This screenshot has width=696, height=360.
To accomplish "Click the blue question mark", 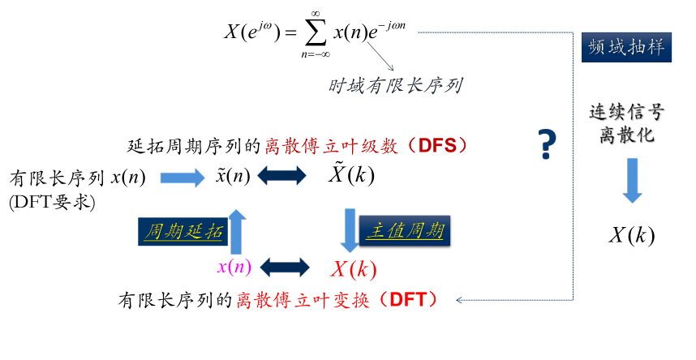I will (548, 144).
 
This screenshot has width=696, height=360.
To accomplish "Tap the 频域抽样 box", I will (626, 48).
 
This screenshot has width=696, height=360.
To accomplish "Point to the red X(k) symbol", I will (354, 268).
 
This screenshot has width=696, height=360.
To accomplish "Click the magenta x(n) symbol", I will (234, 267).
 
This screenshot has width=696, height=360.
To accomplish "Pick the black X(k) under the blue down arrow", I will (632, 236).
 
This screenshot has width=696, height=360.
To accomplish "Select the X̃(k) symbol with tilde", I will (350, 175).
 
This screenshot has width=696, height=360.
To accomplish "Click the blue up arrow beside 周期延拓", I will (237, 229).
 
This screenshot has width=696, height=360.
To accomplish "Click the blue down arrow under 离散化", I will (633, 179).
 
